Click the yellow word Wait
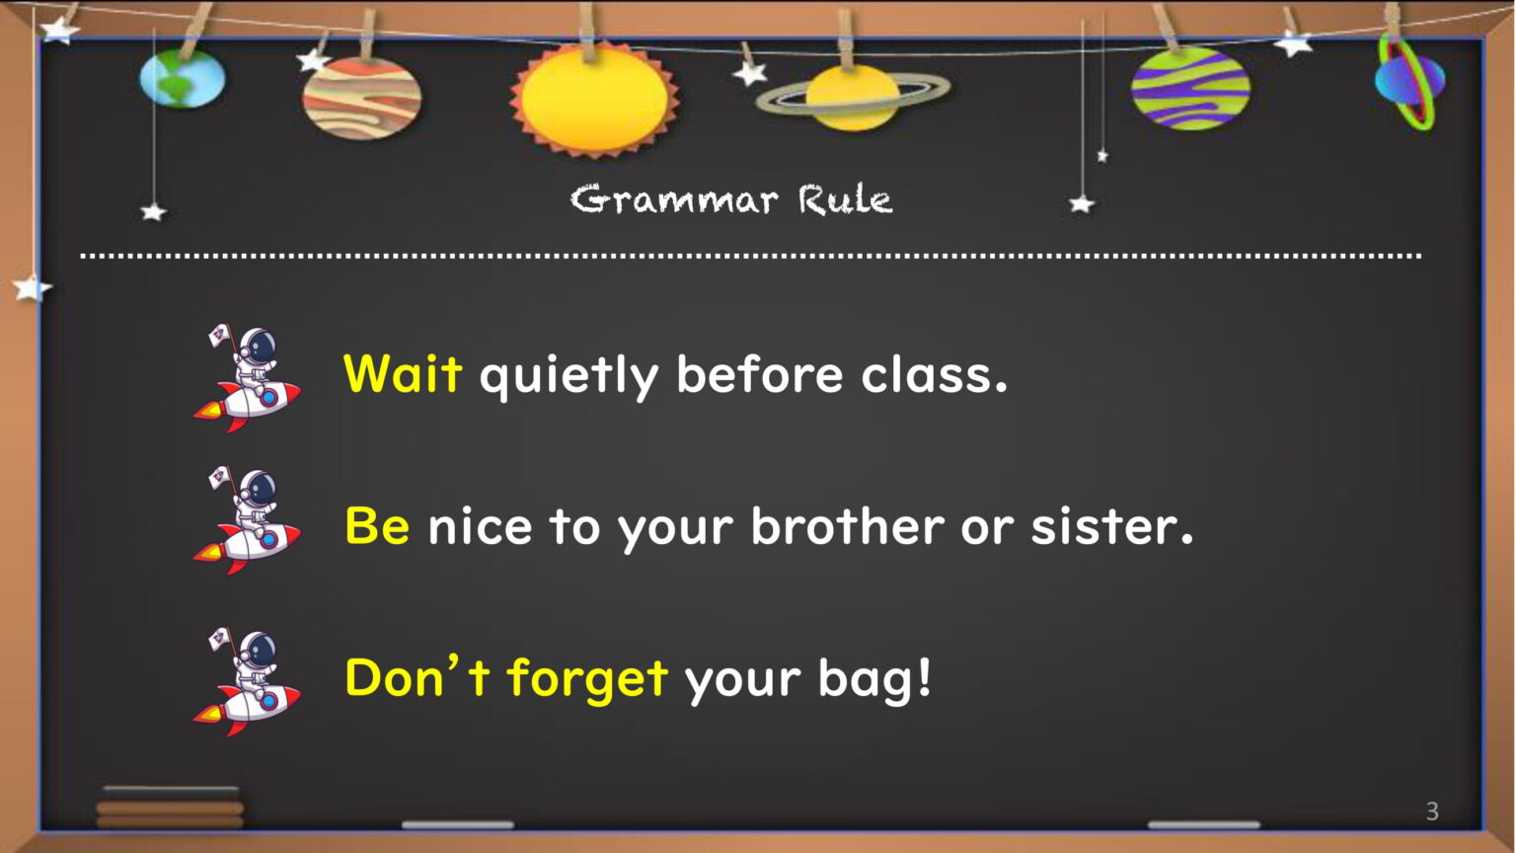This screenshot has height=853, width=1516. (403, 374)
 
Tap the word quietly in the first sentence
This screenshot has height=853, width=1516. (568, 378)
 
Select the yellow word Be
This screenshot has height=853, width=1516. (377, 526)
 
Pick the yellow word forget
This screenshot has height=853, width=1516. (587, 679)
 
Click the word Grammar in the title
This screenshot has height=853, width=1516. (674, 199)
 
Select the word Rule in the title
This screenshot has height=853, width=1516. (845, 199)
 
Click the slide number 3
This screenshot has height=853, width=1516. (1432, 811)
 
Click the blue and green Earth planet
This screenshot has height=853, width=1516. (182, 79)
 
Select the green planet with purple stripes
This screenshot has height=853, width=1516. (1190, 89)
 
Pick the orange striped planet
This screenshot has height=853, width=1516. (361, 98)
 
